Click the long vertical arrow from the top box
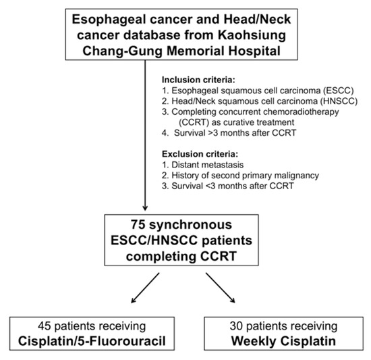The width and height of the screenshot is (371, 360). click(145, 135)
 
